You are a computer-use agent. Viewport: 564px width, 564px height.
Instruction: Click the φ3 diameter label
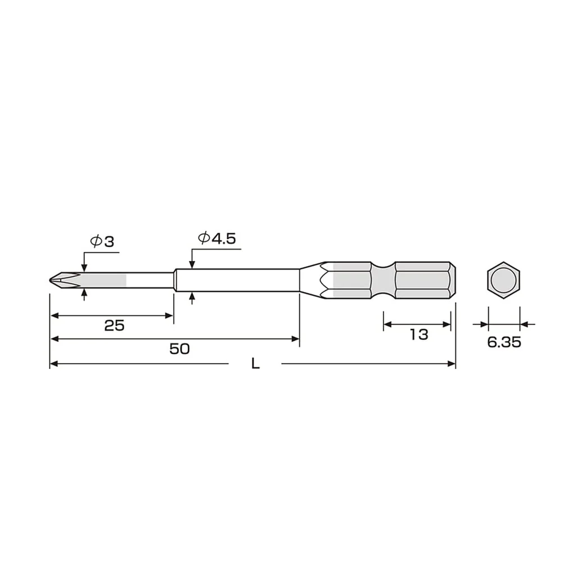tap(102, 241)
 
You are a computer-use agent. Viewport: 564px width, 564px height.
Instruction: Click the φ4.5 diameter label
tap(217, 238)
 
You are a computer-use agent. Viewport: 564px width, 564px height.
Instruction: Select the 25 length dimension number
tap(114, 326)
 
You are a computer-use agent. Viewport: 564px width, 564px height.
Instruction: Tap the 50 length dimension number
tap(179, 349)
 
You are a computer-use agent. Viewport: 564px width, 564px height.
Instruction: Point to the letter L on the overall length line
tap(255, 364)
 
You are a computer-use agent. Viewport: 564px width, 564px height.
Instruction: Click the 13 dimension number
tap(419, 335)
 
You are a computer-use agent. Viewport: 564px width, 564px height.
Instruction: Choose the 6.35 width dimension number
tap(504, 342)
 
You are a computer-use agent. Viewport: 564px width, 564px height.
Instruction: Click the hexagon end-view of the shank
tap(504, 280)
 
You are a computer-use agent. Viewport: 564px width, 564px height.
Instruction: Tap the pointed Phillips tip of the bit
tap(51, 280)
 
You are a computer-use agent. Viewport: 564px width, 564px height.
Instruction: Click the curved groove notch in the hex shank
tap(383, 280)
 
